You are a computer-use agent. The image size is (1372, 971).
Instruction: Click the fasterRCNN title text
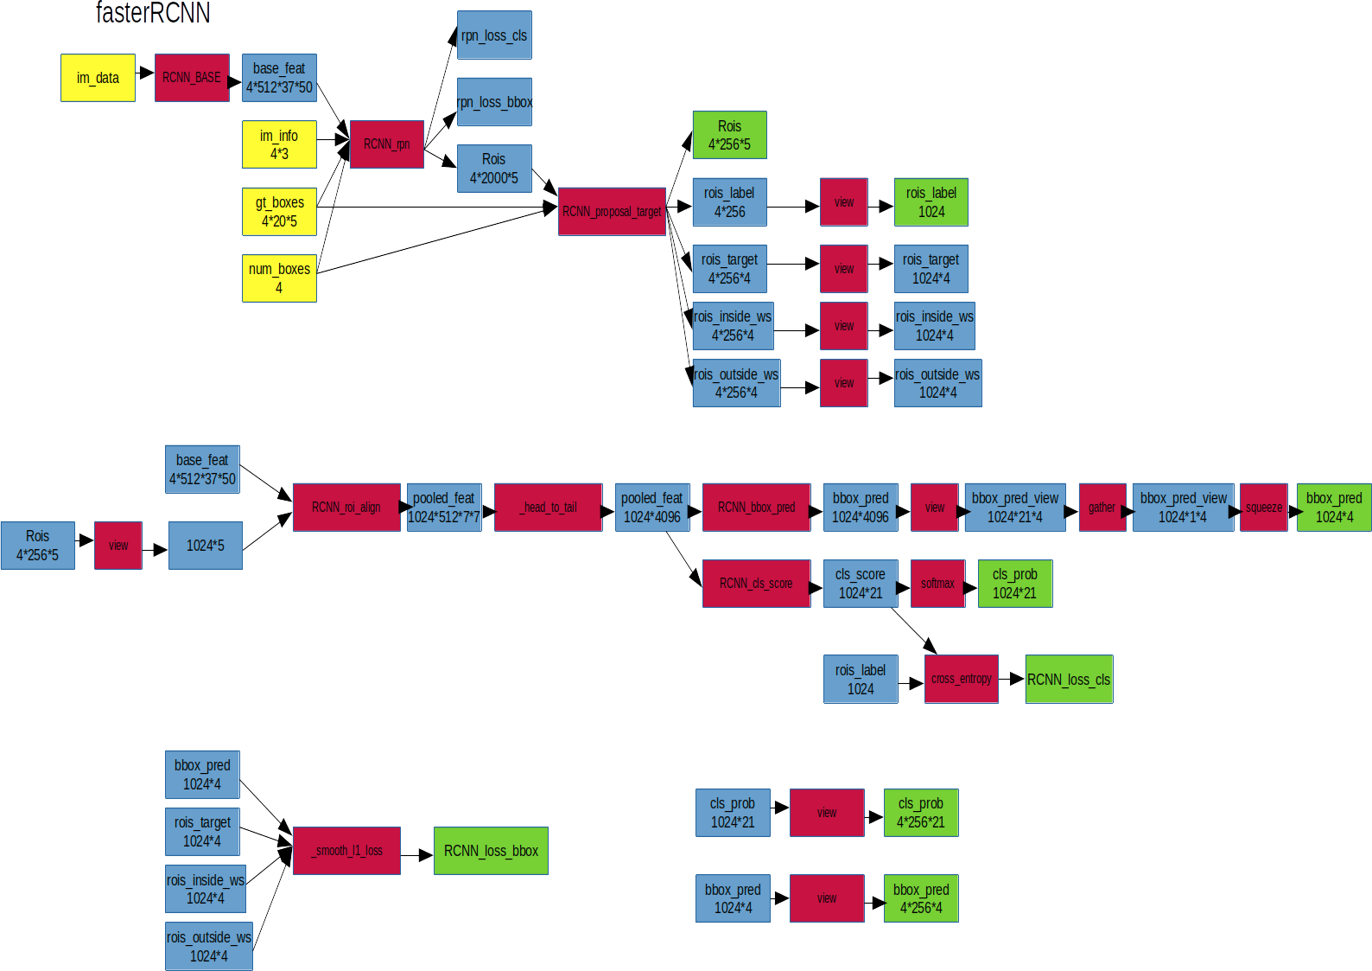pos(153,13)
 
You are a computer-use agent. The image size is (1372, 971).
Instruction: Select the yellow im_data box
pos(98,78)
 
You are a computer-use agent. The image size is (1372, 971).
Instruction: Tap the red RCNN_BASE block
pos(192,78)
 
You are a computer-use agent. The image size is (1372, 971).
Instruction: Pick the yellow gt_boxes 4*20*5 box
pos(279,212)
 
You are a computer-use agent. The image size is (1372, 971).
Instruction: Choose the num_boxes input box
pos(279,278)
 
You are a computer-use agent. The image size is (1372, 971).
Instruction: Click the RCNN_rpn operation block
pos(386,144)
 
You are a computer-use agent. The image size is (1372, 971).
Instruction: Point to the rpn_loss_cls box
pos(494,35)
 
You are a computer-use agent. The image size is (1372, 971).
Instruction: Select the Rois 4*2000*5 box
pos(494,169)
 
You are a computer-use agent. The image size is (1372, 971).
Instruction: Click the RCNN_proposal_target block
pos(612,212)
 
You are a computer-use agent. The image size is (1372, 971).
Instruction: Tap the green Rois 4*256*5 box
pos(729,136)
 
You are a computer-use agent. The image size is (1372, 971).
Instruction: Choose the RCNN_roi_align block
pos(346,508)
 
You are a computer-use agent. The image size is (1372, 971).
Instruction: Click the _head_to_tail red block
pos(548,508)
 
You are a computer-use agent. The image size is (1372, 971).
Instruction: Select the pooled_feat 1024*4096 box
pos(651,508)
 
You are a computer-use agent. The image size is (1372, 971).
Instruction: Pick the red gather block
pos(1102,508)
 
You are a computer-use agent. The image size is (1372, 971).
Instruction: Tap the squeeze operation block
pos(1263,508)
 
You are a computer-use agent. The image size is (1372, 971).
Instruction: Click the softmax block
pos(937,584)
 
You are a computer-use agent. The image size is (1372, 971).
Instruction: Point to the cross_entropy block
pos(961,679)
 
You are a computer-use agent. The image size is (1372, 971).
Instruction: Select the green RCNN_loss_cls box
pos(1069,680)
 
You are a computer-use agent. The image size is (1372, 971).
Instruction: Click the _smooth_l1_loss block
pos(346,851)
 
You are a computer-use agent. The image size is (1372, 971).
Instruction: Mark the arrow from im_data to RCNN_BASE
pos(145,73)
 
